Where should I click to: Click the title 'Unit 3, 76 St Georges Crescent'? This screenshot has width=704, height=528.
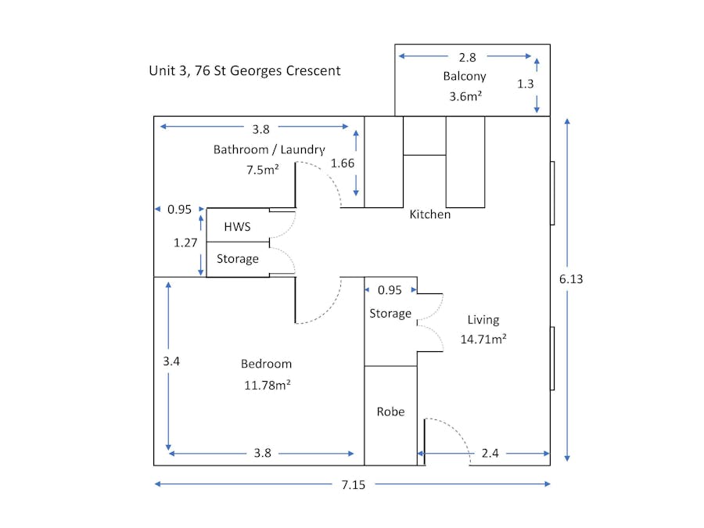(245, 70)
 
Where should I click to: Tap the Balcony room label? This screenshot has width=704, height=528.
(465, 76)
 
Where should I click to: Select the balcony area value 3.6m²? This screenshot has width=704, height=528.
(465, 96)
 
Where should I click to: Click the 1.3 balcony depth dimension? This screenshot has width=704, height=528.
(526, 84)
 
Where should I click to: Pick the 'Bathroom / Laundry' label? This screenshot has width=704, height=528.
(269, 149)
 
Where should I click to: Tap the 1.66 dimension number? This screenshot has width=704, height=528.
(343, 163)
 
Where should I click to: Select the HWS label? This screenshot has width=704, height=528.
(237, 226)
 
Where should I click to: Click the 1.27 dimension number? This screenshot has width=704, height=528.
(185, 243)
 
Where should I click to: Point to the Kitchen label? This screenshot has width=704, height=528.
(430, 214)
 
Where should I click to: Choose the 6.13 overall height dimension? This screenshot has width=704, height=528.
(572, 278)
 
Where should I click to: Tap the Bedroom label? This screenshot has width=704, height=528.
(266, 364)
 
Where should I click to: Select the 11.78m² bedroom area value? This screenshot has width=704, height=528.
(266, 384)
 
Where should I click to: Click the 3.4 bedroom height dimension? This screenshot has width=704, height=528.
(171, 361)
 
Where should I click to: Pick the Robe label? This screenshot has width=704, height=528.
(390, 411)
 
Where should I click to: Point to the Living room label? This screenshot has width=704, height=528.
(483, 319)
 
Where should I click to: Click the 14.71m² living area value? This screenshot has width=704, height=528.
(483, 339)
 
